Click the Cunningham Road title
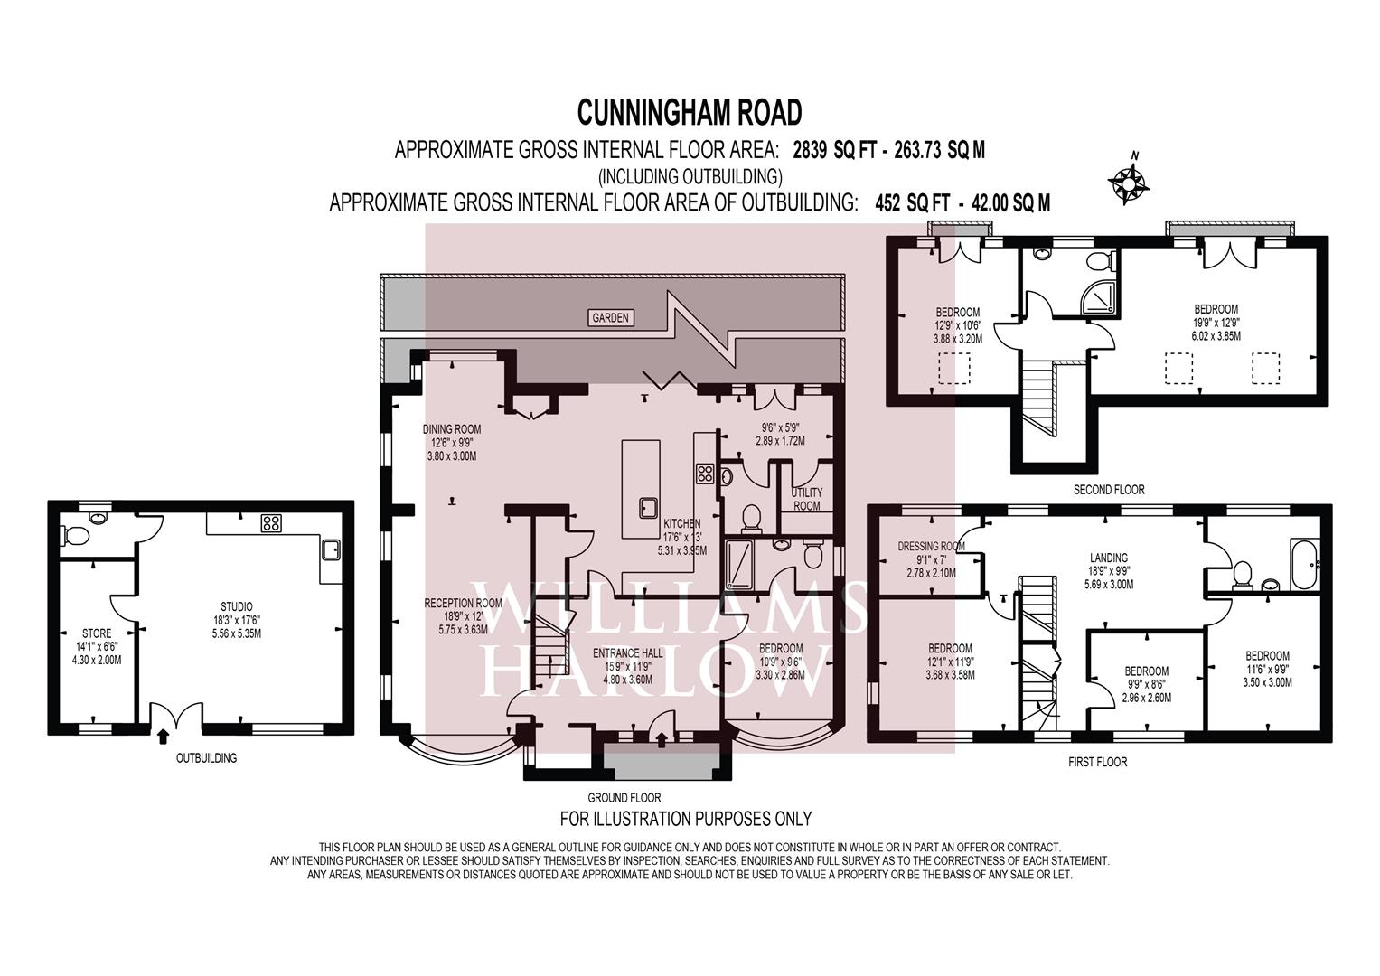(690, 113)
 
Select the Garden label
(611, 317)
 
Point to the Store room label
(97, 633)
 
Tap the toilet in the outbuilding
(76, 536)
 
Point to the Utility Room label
(806, 499)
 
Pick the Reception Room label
(463, 603)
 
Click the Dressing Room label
(931, 546)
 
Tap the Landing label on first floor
(1108, 558)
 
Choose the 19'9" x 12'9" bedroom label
(1215, 309)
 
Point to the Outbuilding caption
(206, 757)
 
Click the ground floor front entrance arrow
(662, 740)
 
